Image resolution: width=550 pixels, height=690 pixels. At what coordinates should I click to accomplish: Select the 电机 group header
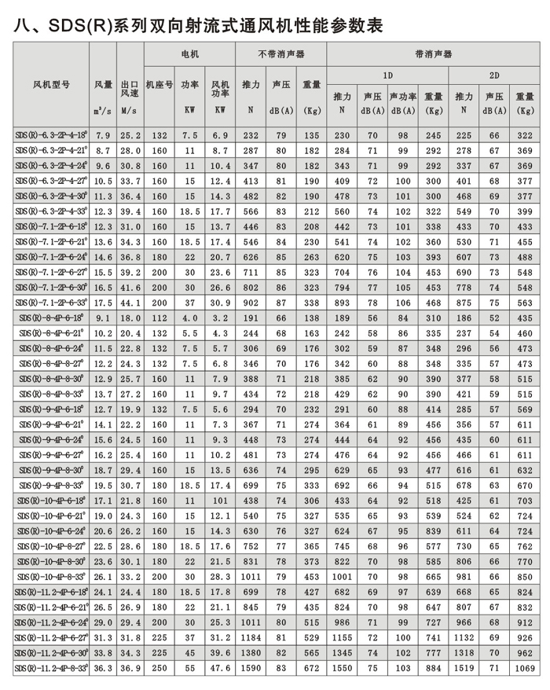189,55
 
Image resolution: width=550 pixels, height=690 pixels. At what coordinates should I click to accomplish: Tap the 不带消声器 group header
280,55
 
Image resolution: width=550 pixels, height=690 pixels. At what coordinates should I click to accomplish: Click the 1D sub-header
387,75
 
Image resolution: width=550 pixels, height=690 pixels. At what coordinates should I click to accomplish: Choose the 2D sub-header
494,75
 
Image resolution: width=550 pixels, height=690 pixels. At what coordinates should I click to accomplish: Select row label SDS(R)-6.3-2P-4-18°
52,135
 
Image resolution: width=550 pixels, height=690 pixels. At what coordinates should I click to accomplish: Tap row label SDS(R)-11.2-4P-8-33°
52,668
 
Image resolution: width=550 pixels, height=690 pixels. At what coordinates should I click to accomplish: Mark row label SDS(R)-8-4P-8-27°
52,364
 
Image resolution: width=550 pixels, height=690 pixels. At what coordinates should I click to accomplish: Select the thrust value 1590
251,668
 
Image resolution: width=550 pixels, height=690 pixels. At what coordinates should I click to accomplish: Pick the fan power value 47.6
221,668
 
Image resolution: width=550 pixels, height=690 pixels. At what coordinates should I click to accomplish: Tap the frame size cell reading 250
159,668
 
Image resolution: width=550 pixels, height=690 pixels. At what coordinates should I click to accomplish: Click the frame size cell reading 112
159,317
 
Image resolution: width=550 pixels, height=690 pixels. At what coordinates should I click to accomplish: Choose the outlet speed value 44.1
130,303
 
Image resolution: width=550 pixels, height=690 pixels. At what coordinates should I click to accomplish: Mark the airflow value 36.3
103,668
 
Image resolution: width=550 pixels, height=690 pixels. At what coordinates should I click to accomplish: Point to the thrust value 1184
251,637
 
